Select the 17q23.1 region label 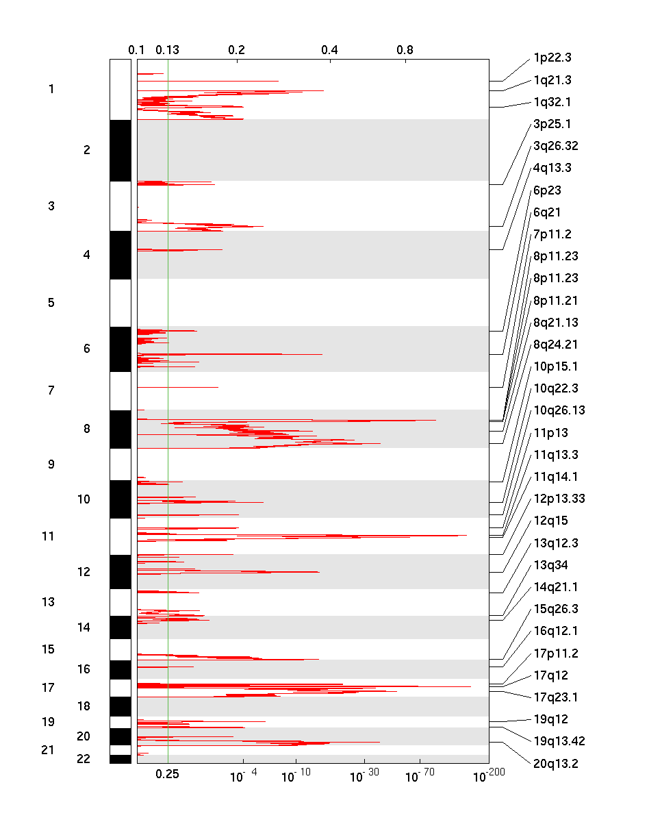click(555, 697)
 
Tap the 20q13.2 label click(555, 763)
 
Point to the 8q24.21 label click(555, 345)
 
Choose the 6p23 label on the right click(547, 190)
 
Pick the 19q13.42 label click(559, 741)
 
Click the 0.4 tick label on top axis click(329, 50)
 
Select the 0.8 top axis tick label click(405, 50)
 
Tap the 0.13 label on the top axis click(167, 50)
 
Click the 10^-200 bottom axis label click(488, 775)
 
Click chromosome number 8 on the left click(86, 429)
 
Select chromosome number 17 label click(48, 688)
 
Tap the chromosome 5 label click(51, 302)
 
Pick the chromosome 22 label click(84, 759)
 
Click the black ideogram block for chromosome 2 click(120, 151)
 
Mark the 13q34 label click(550, 565)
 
